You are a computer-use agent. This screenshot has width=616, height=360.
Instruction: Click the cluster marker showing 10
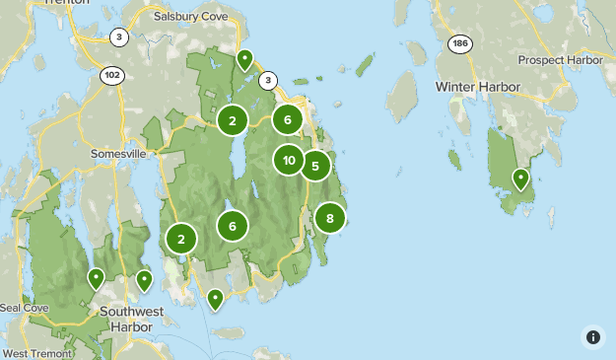tap(289, 160)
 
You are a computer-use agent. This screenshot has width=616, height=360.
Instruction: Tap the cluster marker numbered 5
tap(314, 166)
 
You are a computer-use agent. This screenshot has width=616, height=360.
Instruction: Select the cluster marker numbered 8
tap(329, 218)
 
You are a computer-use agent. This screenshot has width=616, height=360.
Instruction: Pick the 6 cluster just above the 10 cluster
tap(287, 119)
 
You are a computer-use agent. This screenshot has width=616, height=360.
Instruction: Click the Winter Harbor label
tap(477, 87)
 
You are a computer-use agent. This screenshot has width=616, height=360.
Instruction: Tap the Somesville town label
tap(118, 154)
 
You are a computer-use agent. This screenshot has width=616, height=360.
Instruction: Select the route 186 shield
tap(459, 43)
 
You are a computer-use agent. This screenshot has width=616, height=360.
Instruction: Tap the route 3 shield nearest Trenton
tap(119, 37)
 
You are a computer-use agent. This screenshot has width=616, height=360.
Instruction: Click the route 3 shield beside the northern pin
tap(268, 81)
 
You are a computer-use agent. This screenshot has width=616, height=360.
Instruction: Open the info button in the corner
tap(592, 336)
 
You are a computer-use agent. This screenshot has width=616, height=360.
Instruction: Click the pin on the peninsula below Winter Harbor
tap(519, 179)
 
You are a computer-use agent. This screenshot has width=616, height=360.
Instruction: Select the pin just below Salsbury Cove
tap(243, 60)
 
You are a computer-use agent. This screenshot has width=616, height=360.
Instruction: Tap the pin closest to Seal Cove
tap(96, 278)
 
